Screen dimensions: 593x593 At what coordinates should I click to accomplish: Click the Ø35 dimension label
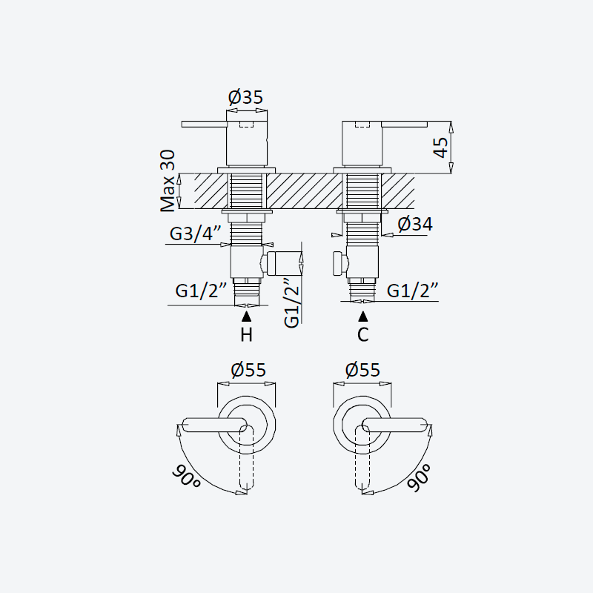click(x=245, y=97)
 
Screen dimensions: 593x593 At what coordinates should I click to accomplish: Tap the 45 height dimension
click(x=441, y=147)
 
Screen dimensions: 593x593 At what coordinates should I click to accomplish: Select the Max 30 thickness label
click(x=168, y=181)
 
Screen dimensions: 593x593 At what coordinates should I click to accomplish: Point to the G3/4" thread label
click(x=195, y=233)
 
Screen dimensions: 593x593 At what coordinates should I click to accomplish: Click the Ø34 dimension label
click(x=415, y=224)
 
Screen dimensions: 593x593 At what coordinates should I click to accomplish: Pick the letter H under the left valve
click(x=247, y=335)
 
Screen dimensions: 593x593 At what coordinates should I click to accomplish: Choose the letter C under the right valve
click(x=362, y=335)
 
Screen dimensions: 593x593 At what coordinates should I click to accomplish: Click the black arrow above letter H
click(x=247, y=317)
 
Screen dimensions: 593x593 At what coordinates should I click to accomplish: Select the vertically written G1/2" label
click(x=292, y=302)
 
